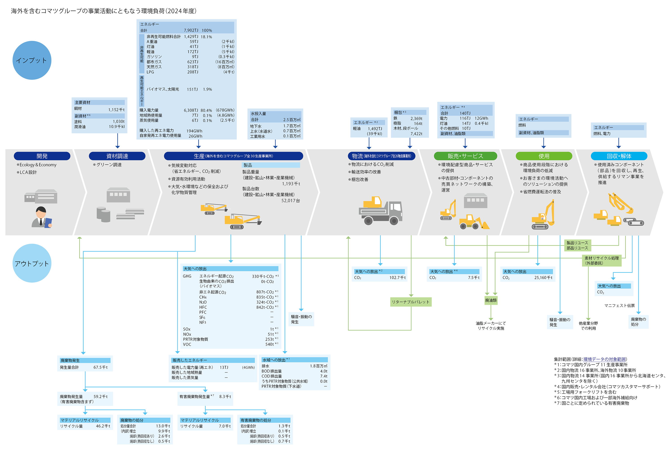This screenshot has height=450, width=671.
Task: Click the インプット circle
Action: pyautogui.click(x=32, y=60)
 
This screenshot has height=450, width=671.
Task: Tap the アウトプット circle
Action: pyautogui.click(x=32, y=263)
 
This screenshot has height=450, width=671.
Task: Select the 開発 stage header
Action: pyautogui.click(x=42, y=156)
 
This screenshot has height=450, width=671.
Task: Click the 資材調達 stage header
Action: pyautogui.click(x=117, y=156)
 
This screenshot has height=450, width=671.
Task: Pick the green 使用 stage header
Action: pyautogui.click(x=544, y=156)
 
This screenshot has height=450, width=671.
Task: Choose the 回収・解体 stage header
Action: pyautogui.click(x=619, y=156)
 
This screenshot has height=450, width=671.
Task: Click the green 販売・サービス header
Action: pyautogui.click(x=465, y=156)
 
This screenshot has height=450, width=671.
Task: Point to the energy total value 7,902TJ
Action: pyautogui.click(x=191, y=30)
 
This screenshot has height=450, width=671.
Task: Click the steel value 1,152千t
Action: pyautogui.click(x=116, y=110)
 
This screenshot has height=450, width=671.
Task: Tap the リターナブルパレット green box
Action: pyautogui.click(x=411, y=302)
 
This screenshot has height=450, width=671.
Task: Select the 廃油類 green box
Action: pyautogui.click(x=491, y=300)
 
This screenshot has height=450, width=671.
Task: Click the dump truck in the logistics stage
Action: pyautogui.click(x=380, y=210)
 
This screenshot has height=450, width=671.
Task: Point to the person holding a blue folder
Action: pyautogui.click(x=42, y=217)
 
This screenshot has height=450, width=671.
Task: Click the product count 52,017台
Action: pyautogui.click(x=291, y=201)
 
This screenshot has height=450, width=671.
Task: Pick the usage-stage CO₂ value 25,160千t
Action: pyautogui.click(x=543, y=278)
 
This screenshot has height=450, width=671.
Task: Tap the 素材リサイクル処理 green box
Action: pyautogui.click(x=601, y=261)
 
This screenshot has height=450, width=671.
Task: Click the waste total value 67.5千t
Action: pyautogui.click(x=100, y=367)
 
